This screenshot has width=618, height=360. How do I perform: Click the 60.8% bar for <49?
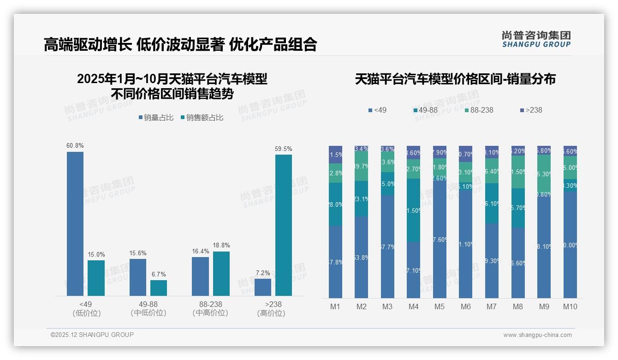pyautogui.click(x=75, y=224)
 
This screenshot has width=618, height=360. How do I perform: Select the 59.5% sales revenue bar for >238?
pyautogui.click(x=284, y=225)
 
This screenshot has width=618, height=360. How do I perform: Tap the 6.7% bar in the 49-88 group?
pyautogui.click(x=159, y=288)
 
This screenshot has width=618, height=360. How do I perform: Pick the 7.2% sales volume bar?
pyautogui.click(x=263, y=287)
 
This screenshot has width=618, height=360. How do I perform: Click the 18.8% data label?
pyautogui.click(x=221, y=246)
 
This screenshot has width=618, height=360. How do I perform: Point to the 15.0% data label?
pyautogui.click(x=96, y=254)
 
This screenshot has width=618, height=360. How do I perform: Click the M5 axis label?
pyautogui.click(x=440, y=306)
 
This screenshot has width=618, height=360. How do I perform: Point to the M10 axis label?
pyautogui.click(x=570, y=306)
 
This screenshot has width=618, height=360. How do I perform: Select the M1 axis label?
pyautogui.click(x=335, y=306)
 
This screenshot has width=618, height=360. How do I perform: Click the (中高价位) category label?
pyautogui.click(x=210, y=313)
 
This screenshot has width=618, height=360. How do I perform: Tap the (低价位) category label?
pyautogui.click(x=87, y=313)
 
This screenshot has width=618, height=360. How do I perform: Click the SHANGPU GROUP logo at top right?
pyautogui.click(x=536, y=39)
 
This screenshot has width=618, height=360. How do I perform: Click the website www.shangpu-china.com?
pyautogui.click(x=537, y=335)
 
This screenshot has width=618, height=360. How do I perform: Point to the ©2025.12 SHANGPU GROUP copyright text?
pyautogui.click(x=92, y=335)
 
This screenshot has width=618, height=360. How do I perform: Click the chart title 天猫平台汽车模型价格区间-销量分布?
pyautogui.click(x=455, y=79)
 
